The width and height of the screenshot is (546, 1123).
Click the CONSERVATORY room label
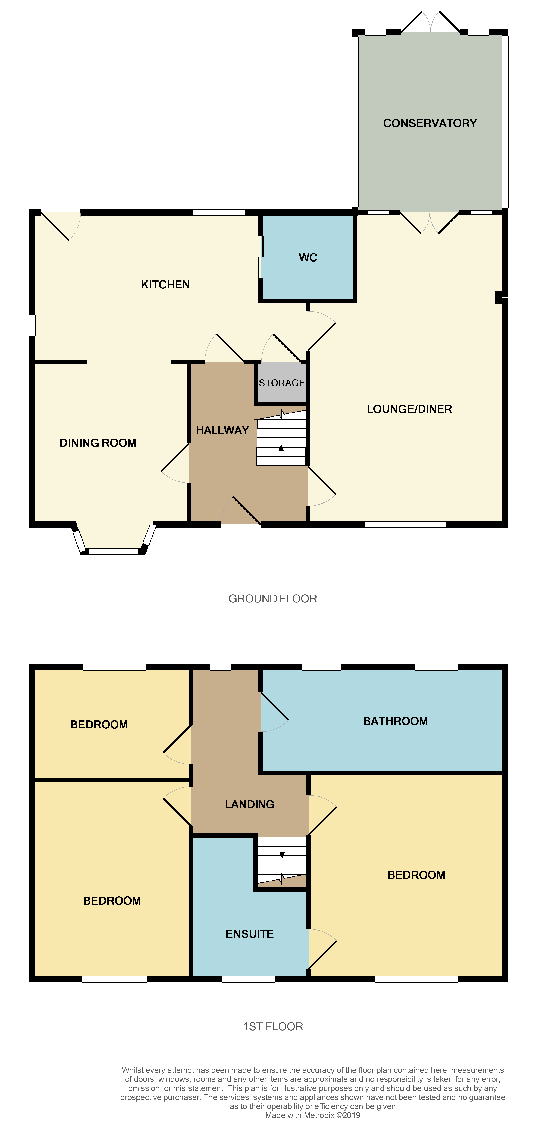click(429, 123)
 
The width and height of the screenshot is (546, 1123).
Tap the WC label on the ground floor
click(308, 258)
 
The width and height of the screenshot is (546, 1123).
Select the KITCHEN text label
click(165, 285)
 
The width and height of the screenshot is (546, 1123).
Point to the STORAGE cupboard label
click(282, 383)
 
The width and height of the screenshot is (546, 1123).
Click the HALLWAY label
click(222, 430)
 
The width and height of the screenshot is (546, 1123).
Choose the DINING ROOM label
click(98, 443)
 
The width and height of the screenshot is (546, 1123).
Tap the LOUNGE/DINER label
click(409, 409)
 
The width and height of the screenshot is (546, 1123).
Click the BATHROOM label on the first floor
click(395, 721)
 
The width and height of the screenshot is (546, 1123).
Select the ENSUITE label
click(249, 934)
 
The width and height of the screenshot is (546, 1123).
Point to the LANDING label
click(249, 804)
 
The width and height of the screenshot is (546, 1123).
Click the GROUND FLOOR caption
click(273, 599)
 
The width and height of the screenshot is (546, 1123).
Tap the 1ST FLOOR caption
click(273, 1026)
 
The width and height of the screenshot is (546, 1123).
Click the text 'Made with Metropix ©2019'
click(313, 1115)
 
